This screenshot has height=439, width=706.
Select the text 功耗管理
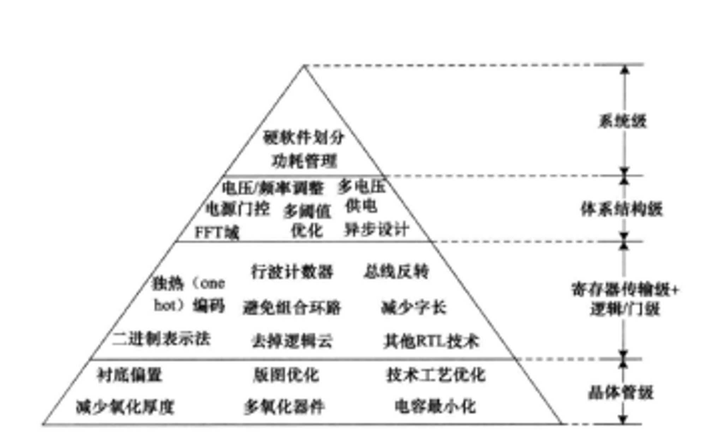click(x=304, y=161)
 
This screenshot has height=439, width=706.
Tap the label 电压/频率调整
click(x=273, y=188)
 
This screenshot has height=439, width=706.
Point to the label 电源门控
click(x=238, y=209)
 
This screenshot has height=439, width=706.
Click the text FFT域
click(x=217, y=232)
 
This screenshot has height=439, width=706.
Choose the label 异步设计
click(x=377, y=230)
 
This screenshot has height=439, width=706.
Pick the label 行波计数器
click(x=292, y=272)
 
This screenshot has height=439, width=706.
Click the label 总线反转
click(x=396, y=271)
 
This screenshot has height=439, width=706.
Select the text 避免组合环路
click(x=292, y=307)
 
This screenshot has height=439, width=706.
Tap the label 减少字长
click(x=413, y=307)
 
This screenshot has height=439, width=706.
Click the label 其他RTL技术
click(x=431, y=341)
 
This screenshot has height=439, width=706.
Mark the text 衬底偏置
click(x=130, y=375)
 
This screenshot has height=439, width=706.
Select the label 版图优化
click(x=286, y=375)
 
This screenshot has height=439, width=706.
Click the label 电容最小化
click(x=435, y=407)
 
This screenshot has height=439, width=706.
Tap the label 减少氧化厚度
click(x=125, y=407)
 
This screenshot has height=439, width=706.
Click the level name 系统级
click(x=623, y=121)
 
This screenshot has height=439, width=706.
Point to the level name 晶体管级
click(x=621, y=392)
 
